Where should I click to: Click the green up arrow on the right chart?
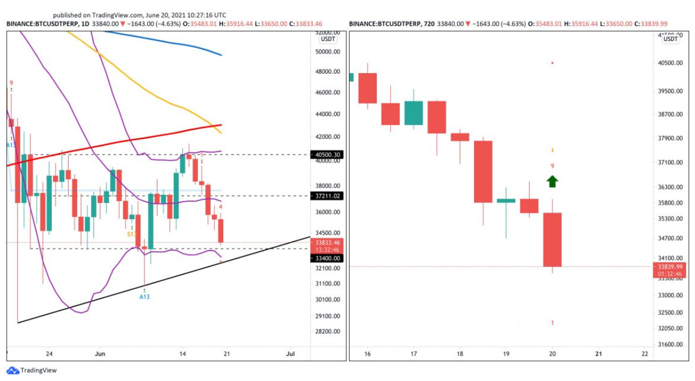pyautogui.click(x=552, y=181)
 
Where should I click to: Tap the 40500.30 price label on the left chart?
pyautogui.click(x=327, y=155)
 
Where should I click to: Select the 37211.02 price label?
pyautogui.click(x=327, y=196)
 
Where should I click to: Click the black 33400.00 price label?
pyautogui.click(x=327, y=258)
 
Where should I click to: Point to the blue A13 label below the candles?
pyautogui.click(x=145, y=296)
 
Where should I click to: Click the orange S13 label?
pyautogui.click(x=132, y=234)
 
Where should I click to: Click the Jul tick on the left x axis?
pyautogui.click(x=291, y=354)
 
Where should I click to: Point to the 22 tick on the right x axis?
pyautogui.click(x=644, y=354)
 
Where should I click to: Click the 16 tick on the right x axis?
pyautogui.click(x=368, y=354)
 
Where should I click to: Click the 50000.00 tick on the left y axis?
pyautogui.click(x=327, y=52)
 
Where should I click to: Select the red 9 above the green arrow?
pyautogui.click(x=553, y=166)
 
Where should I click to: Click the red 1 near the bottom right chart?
pyautogui.click(x=553, y=323)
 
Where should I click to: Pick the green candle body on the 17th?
pyautogui.click(x=414, y=113)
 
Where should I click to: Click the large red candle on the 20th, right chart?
pyautogui.click(x=552, y=239)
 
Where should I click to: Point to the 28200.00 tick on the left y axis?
pyautogui.click(x=327, y=332)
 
